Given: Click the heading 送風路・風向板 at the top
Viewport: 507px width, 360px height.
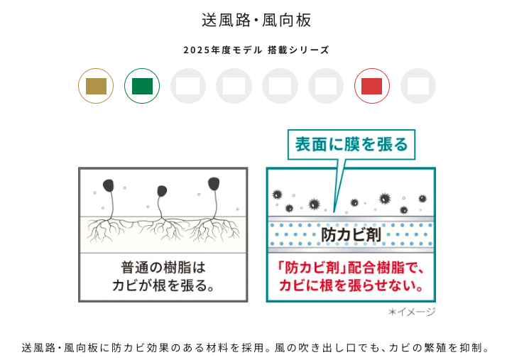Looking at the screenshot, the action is pos(256,20).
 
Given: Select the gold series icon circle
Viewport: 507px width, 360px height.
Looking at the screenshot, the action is pos(96,86).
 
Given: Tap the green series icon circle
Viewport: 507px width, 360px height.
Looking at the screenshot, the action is pos(142,86).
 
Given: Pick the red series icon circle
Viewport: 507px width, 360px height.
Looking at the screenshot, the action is pos(372,86).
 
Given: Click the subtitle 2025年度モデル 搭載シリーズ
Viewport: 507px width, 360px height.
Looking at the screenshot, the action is pos(256,50).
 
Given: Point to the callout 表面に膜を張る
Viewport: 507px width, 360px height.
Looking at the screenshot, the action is pos(351,144).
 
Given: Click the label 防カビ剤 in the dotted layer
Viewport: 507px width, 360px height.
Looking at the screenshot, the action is pos(351,234).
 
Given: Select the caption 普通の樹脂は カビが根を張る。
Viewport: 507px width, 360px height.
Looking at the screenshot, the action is pos(163,276).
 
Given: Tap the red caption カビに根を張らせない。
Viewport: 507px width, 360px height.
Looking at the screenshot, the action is pos(351,285).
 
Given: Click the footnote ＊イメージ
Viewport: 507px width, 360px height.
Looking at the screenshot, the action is pos(412,312).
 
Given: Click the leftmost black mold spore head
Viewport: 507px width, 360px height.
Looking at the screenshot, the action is pos(109,185).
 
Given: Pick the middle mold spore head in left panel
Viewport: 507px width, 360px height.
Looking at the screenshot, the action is pos(162,191).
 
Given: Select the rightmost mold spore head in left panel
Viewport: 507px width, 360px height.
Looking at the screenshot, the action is pos(214,183).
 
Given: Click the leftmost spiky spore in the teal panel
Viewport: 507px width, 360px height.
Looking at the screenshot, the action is pos(277,195).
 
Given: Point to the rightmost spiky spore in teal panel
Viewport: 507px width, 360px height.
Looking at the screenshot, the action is pos(422,198).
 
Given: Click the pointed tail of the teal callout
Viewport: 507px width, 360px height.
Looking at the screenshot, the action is pos(334,212).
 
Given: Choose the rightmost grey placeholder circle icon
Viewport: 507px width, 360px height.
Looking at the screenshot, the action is pos(418,86).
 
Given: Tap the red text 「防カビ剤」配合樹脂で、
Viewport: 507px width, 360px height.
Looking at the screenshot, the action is pos(351,268).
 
